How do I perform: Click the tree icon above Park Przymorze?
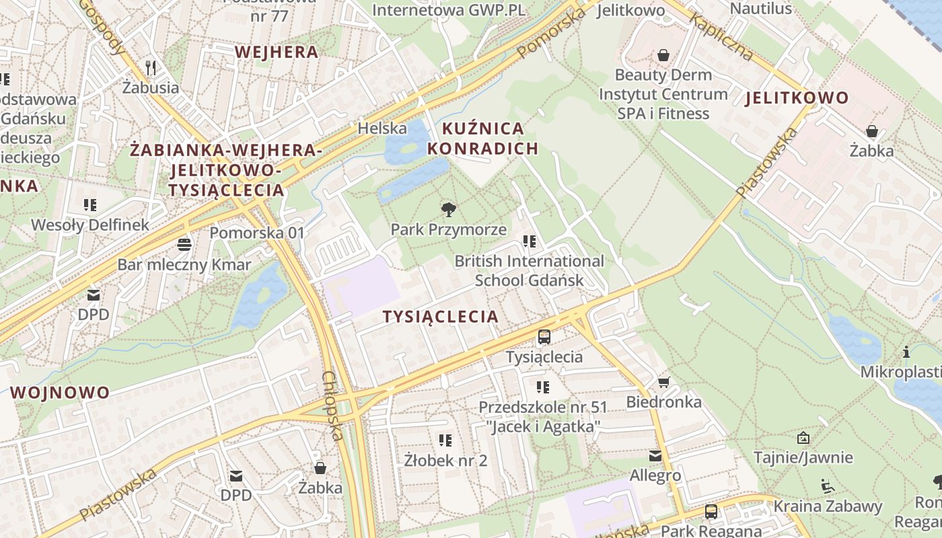coord(449,209)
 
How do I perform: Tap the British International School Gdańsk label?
coord(530,270)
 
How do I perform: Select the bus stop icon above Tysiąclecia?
coord(544,337)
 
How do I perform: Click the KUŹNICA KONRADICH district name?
coord(482,139)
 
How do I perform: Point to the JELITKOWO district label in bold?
coord(797,98)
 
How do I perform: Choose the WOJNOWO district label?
coord(60,393)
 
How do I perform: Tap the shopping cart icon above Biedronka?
coord(663,383)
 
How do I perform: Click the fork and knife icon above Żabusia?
coord(151,67)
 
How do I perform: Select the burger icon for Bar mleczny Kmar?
coord(184,244)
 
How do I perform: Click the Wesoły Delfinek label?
coord(90,225)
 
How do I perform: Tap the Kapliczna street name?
coord(720,38)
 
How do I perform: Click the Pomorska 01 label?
coord(257,233)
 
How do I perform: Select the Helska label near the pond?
coord(382,128)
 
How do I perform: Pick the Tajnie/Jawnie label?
coord(803,458)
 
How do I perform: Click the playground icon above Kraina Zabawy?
coord(827,486)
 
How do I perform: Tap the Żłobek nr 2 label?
coord(445,461)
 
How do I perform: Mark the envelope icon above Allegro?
coord(655,456)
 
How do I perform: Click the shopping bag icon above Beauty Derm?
coord(663,54)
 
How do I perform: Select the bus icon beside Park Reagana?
coord(711,512)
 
